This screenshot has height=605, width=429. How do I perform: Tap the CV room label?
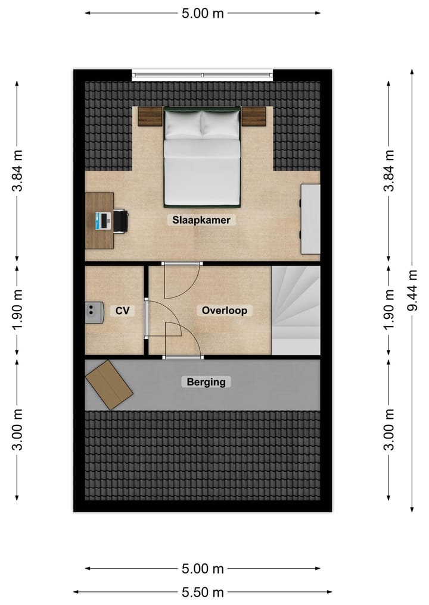[x=123, y=310]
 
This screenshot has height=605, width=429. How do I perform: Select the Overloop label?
[x=224, y=310]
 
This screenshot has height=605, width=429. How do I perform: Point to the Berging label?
[x=206, y=382]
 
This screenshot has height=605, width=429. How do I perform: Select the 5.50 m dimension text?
[x=203, y=592]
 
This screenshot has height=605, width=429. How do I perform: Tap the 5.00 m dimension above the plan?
[x=203, y=13]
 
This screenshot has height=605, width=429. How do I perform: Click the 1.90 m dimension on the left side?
[x=17, y=310]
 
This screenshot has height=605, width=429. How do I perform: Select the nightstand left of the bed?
[x=150, y=117]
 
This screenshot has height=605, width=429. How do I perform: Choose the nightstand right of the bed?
[x=253, y=117]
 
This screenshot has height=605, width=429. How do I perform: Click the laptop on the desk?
[x=104, y=221]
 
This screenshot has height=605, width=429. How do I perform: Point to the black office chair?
[x=121, y=221]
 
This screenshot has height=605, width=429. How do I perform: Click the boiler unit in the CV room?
[x=92, y=311]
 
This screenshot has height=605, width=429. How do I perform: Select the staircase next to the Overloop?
[x=296, y=310]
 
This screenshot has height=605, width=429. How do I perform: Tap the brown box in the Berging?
[x=109, y=385]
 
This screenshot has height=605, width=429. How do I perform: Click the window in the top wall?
[x=203, y=75]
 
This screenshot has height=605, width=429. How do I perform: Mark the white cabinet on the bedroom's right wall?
[x=310, y=219]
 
